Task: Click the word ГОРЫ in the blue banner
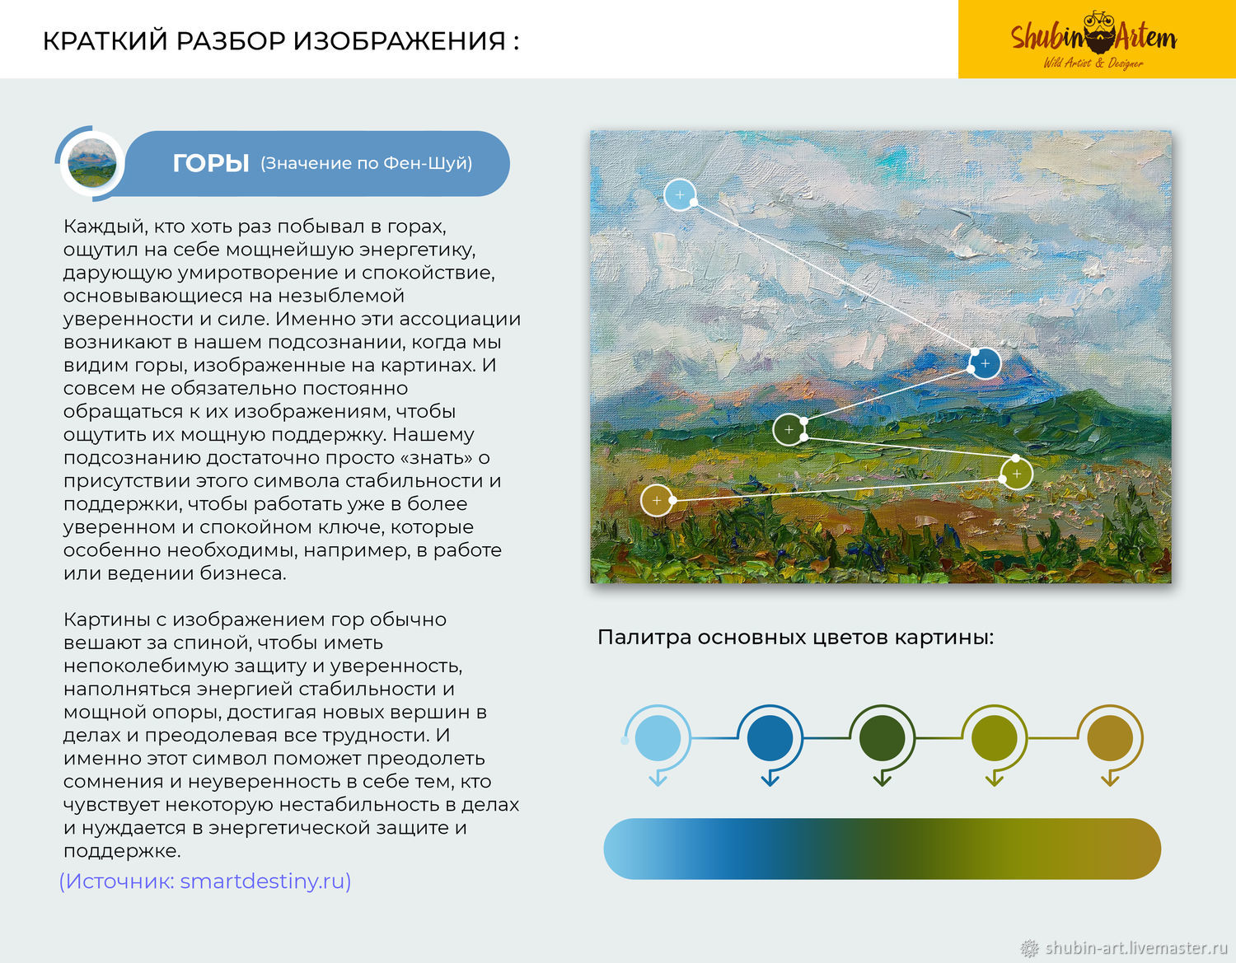coord(210,164)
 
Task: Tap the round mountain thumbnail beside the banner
coord(92,163)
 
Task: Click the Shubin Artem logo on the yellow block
coord(1093,40)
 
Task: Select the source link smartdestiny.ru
coord(205,881)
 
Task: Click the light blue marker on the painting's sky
coord(680,194)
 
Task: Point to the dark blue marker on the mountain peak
coord(986,363)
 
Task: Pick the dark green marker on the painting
coord(789,429)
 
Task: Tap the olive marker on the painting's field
coord(1017,474)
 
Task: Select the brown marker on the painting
coord(657,500)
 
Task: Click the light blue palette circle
coord(658,738)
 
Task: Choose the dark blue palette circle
coord(770,738)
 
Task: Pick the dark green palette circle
coord(883,738)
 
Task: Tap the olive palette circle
coord(995,738)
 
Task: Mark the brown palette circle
coord(1110,738)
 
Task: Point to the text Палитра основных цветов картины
coord(796,638)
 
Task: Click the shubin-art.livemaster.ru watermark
coord(1124,947)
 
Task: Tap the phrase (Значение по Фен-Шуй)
coord(367,164)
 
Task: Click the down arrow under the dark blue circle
coord(770,778)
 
